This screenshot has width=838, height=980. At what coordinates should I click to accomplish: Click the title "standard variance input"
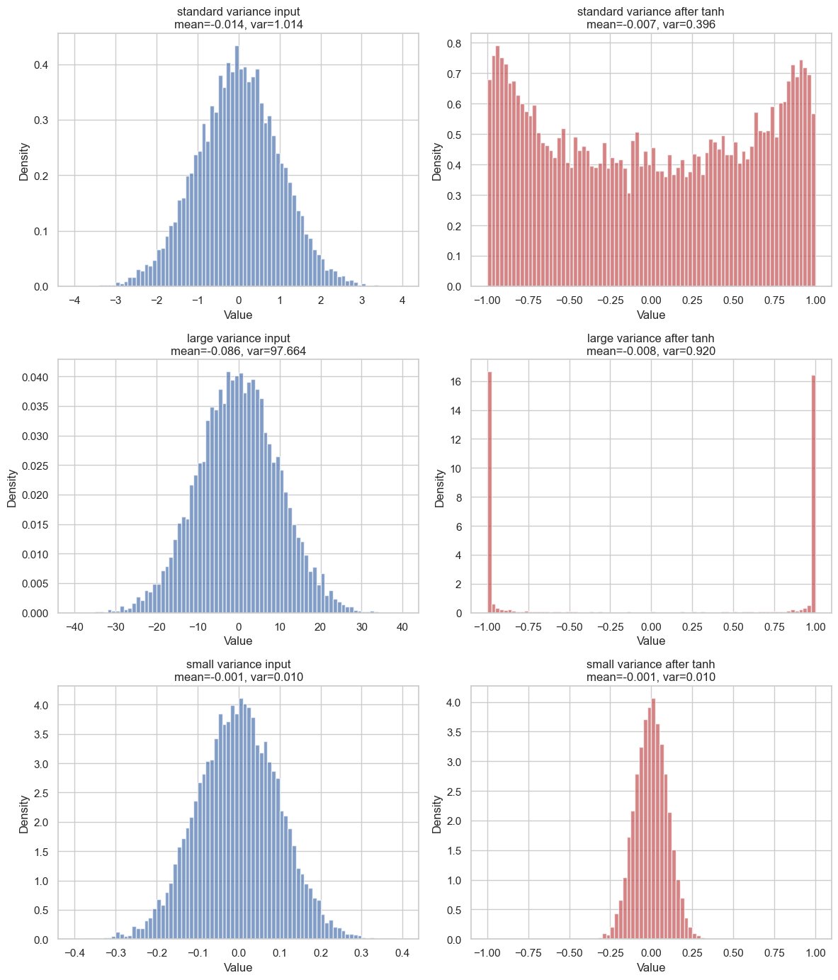pyautogui.click(x=238, y=11)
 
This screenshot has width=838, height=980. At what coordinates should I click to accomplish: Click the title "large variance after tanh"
pyautogui.click(x=650, y=338)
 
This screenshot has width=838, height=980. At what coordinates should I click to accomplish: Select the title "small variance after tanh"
pyautogui.click(x=650, y=665)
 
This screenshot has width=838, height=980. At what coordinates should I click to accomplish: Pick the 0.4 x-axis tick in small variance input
pyautogui.click(x=402, y=954)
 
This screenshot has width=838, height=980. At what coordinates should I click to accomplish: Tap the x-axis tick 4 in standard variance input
pyautogui.click(x=402, y=300)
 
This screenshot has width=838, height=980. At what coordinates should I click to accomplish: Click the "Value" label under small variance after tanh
pyautogui.click(x=650, y=967)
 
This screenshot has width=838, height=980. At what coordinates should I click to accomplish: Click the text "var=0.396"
pyautogui.click(x=683, y=24)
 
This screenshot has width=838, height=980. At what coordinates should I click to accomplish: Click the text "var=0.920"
pyautogui.click(x=683, y=351)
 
